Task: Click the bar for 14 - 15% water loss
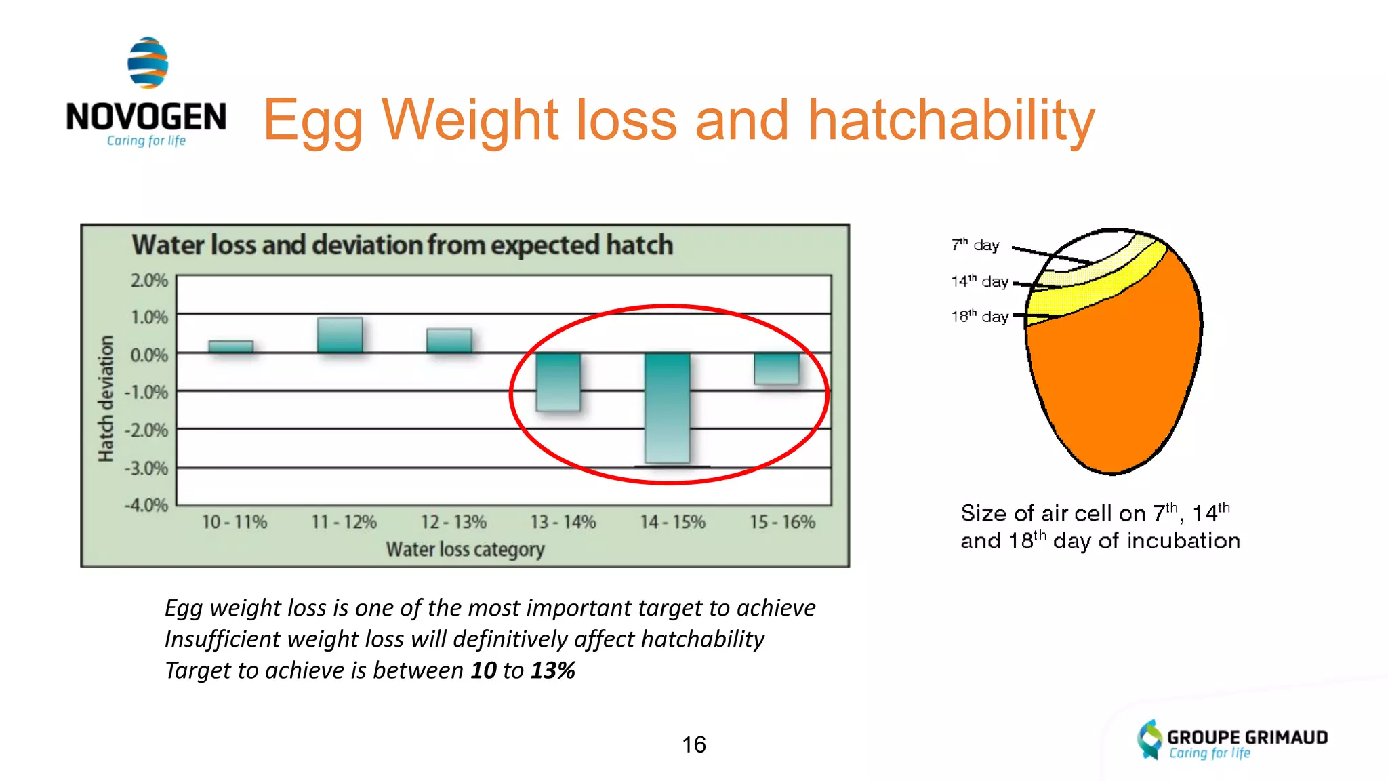pyautogui.click(x=668, y=408)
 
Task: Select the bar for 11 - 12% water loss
pyautogui.click(x=340, y=335)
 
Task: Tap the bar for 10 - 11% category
pyautogui.click(x=231, y=346)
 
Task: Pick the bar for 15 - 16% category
pyautogui.click(x=777, y=368)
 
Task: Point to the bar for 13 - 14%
pyautogui.click(x=558, y=382)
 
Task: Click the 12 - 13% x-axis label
pyautogui.click(x=453, y=522)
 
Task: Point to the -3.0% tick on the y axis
pyautogui.click(x=146, y=468)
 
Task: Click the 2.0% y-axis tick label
pyautogui.click(x=149, y=281)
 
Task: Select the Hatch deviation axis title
pyautogui.click(x=106, y=399)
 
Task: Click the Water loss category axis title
pyautogui.click(x=465, y=549)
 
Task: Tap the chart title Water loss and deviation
pyautogui.click(x=402, y=245)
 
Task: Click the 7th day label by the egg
pyautogui.click(x=975, y=245)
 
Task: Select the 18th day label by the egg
pyautogui.click(x=979, y=317)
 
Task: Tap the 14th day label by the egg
pyautogui.click(x=979, y=281)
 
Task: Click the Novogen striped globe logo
pyautogui.click(x=148, y=63)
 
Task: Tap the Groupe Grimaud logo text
pyautogui.click(x=1247, y=737)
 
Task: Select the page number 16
pyautogui.click(x=693, y=744)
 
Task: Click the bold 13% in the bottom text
pyautogui.click(x=552, y=670)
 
